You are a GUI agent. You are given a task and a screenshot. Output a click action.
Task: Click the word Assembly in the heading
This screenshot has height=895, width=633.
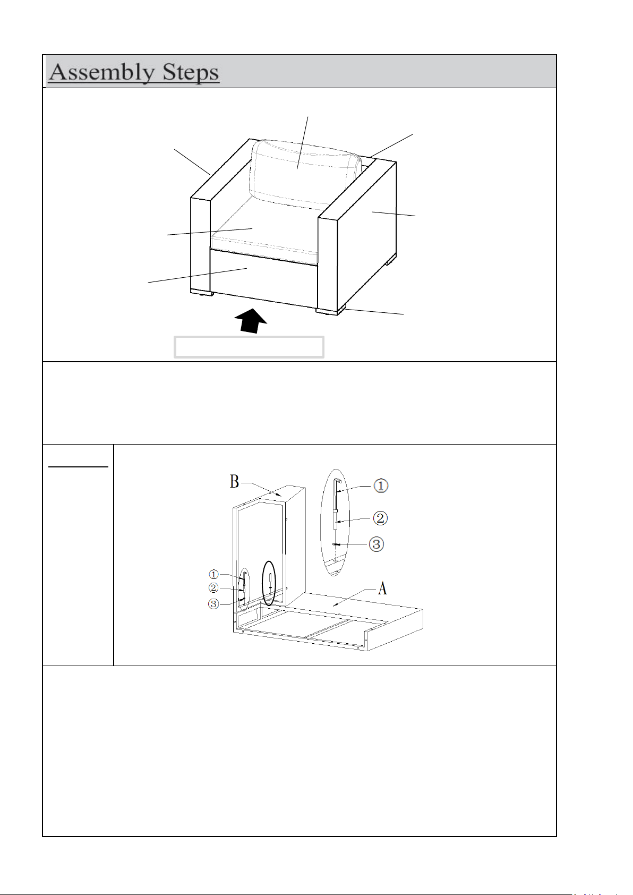[x=102, y=72]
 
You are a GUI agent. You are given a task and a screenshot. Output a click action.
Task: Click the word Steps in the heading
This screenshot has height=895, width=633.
[x=191, y=72]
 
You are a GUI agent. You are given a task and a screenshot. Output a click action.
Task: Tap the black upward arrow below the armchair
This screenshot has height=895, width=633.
[x=251, y=320]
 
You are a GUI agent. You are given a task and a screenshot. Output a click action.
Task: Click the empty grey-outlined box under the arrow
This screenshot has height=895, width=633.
[x=249, y=347]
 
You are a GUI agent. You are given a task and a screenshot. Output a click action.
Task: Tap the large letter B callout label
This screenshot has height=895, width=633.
[x=234, y=481]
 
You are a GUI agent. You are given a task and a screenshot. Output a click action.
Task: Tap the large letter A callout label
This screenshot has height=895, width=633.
[x=382, y=588]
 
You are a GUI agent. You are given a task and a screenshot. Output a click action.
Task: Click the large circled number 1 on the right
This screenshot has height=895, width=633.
[x=381, y=485]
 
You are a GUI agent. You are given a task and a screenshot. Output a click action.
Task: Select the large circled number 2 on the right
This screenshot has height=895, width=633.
[x=380, y=518]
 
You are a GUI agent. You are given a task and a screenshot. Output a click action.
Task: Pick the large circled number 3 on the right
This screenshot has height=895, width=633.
[x=376, y=544]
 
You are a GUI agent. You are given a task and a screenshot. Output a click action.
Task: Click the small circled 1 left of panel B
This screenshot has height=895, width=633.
[x=213, y=575]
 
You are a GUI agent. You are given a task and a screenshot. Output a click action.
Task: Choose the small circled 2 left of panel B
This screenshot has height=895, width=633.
[x=213, y=588]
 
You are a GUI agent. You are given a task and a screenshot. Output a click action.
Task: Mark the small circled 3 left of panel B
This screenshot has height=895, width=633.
[x=213, y=604]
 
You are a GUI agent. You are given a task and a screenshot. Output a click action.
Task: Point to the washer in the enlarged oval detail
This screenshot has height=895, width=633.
[x=336, y=544]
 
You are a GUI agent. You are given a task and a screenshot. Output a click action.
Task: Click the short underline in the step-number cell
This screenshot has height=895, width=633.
[x=78, y=466]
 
